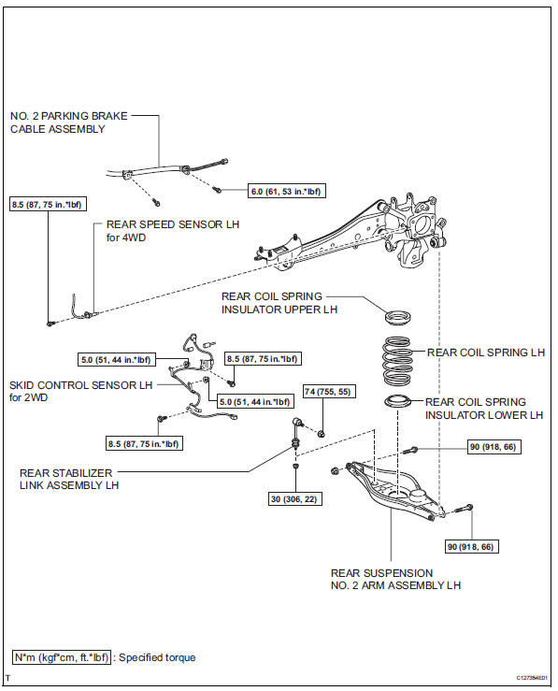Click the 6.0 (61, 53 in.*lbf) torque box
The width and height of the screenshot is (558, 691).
[287, 191]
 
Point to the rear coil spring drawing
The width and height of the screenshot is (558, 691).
[397, 360]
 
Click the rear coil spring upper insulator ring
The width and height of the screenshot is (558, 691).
[398, 317]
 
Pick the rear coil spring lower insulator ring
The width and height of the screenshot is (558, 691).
[397, 402]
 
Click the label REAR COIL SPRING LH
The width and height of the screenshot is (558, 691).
[486, 353]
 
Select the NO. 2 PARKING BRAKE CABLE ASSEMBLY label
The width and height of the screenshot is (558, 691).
[69, 122]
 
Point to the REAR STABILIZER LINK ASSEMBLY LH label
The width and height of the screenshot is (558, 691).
[69, 479]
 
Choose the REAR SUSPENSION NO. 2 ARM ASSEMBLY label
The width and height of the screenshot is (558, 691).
[395, 579]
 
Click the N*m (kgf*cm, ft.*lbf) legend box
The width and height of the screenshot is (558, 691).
[61, 657]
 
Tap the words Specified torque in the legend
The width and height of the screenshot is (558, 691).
[157, 657]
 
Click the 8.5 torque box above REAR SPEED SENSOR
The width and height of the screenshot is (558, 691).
[47, 204]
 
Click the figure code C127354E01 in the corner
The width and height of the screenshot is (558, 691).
[532, 678]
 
